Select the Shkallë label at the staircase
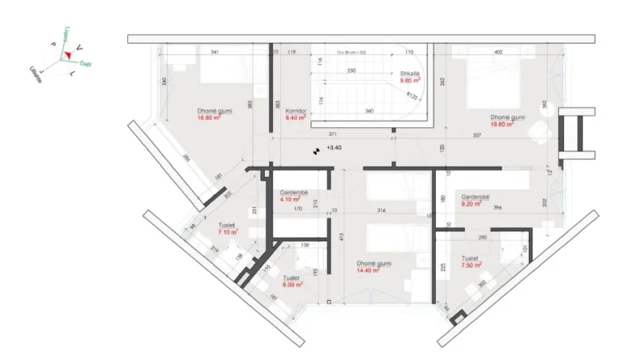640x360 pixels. coord(412,73)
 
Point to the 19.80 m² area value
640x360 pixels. coord(507,124)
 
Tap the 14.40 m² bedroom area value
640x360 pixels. coord(369,270)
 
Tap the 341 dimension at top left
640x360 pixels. coord(214,52)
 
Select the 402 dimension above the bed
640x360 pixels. coord(498,52)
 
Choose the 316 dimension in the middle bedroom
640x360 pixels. coord(382,210)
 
